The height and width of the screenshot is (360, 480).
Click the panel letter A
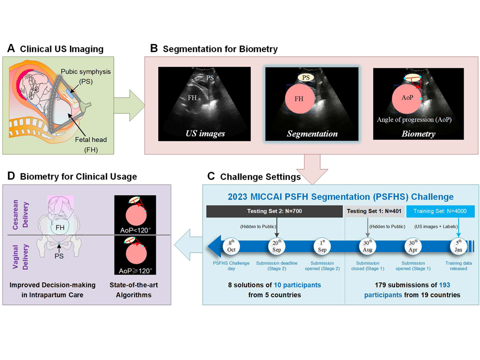point(11,48)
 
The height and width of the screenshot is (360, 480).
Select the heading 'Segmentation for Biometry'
point(220,48)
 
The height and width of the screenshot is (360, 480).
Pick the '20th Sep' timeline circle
point(276,246)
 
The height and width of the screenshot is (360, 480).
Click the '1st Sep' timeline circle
point(323,246)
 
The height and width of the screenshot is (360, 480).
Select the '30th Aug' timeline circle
point(367,246)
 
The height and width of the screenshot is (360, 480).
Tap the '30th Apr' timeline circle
point(413,246)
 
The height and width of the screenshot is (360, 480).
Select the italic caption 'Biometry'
point(419,133)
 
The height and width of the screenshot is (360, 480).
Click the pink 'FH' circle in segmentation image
point(299,99)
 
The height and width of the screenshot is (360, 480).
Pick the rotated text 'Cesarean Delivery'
point(17,214)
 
